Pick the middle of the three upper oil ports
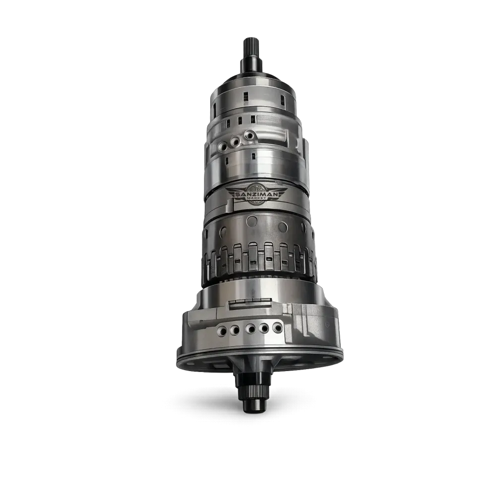(x=236, y=141)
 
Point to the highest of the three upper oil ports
(x=249, y=136)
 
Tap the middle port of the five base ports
(x=250, y=329)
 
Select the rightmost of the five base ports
(x=277, y=327)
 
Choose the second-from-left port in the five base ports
(x=235, y=330)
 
